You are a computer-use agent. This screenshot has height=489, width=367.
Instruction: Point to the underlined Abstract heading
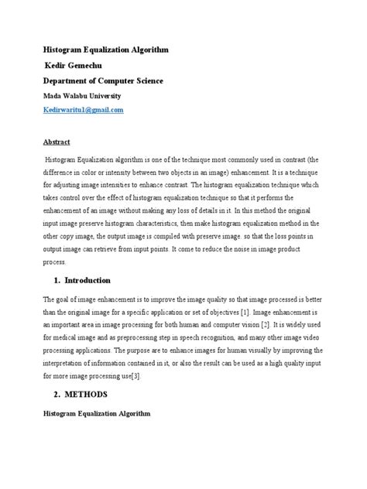[55, 142]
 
